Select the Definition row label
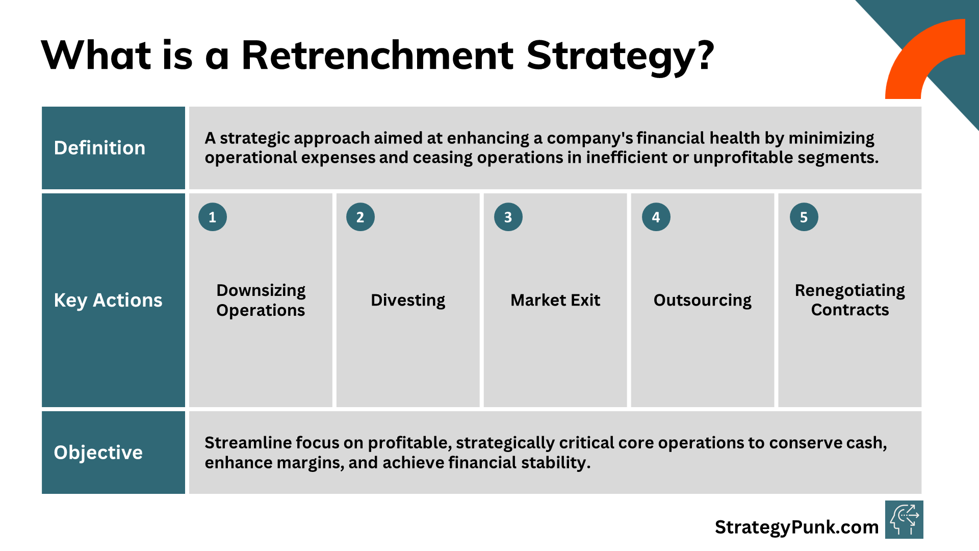(99, 148)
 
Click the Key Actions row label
(108, 300)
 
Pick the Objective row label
(98, 453)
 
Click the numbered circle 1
(213, 217)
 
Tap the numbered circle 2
(360, 217)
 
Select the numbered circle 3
(508, 217)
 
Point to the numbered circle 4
(656, 217)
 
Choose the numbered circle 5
(804, 217)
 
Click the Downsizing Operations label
(261, 300)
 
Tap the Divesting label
(408, 300)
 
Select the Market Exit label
(555, 300)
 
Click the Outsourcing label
(703, 300)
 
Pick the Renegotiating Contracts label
(850, 300)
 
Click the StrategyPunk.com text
(796, 527)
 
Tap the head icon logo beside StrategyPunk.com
(904, 520)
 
